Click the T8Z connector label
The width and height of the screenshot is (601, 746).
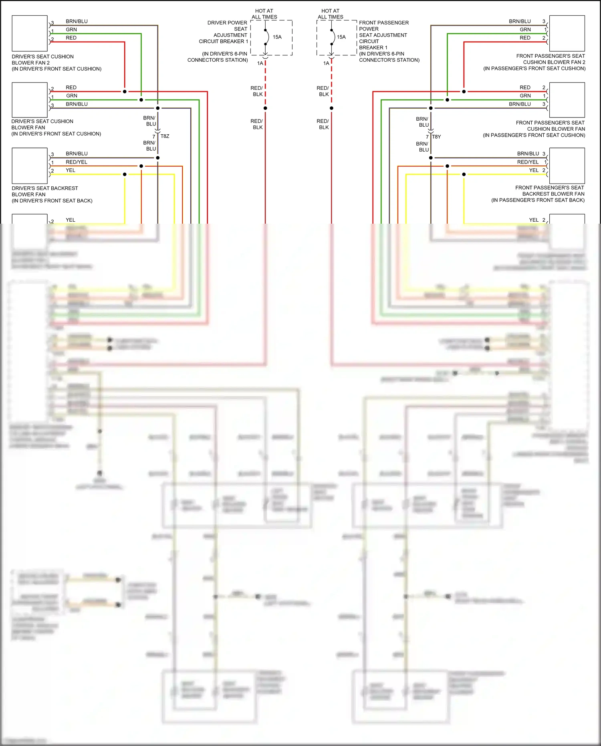[x=165, y=136]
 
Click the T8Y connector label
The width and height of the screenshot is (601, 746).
[x=436, y=137]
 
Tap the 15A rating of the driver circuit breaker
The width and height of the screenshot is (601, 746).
[x=277, y=37]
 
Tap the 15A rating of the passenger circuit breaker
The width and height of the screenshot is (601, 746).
[x=341, y=37]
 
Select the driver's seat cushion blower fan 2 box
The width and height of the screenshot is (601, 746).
[x=30, y=33]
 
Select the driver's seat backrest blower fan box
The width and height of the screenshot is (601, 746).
[x=30, y=166]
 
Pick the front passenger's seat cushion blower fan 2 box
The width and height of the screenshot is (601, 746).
[x=567, y=33]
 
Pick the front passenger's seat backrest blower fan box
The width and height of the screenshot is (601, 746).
[x=567, y=166]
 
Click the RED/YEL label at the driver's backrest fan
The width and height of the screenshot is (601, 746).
[x=77, y=162]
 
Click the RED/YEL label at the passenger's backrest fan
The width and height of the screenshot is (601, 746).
[x=528, y=162]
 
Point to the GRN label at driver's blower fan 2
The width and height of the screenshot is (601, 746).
[x=71, y=30]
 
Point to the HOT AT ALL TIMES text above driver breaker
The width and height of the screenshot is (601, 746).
[x=264, y=14]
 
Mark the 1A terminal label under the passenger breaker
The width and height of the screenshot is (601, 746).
[x=326, y=63]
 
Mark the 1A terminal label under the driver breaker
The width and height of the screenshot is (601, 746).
[x=260, y=63]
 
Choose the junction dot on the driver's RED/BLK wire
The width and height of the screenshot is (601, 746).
[x=265, y=108]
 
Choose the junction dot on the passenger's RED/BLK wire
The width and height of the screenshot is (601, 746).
[x=331, y=108]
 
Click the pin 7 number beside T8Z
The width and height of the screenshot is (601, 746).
[x=154, y=137]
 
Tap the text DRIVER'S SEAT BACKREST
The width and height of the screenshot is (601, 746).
[x=45, y=188]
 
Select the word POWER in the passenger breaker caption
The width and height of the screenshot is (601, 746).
[x=369, y=29]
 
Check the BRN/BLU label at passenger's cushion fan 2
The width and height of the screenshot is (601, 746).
[x=520, y=21]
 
